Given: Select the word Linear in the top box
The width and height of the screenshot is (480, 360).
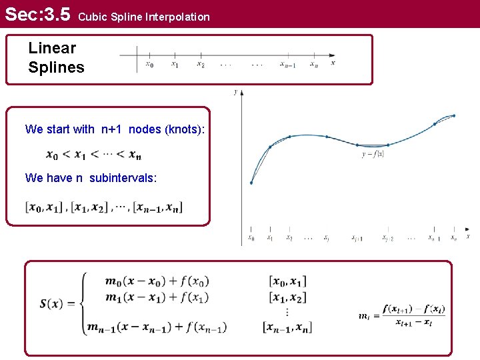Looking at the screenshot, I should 52,48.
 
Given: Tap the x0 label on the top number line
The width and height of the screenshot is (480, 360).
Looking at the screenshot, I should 149,65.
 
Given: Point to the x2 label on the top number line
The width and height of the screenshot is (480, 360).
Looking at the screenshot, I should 200,65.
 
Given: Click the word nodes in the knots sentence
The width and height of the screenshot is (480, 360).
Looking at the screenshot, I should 145,129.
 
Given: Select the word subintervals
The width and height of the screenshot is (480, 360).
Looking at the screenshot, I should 123,178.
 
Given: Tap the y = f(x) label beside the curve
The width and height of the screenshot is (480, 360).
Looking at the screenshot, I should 373,153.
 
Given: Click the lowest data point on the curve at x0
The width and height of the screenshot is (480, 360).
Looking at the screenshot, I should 251,183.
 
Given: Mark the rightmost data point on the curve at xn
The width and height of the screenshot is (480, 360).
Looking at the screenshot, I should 454,115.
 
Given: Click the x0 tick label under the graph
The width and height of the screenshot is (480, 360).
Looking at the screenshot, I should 251,237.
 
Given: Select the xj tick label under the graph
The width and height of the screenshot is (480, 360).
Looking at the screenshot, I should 327,237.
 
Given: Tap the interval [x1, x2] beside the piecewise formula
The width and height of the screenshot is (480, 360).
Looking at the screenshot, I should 288,297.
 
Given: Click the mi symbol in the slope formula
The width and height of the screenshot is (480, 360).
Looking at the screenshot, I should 365,316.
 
